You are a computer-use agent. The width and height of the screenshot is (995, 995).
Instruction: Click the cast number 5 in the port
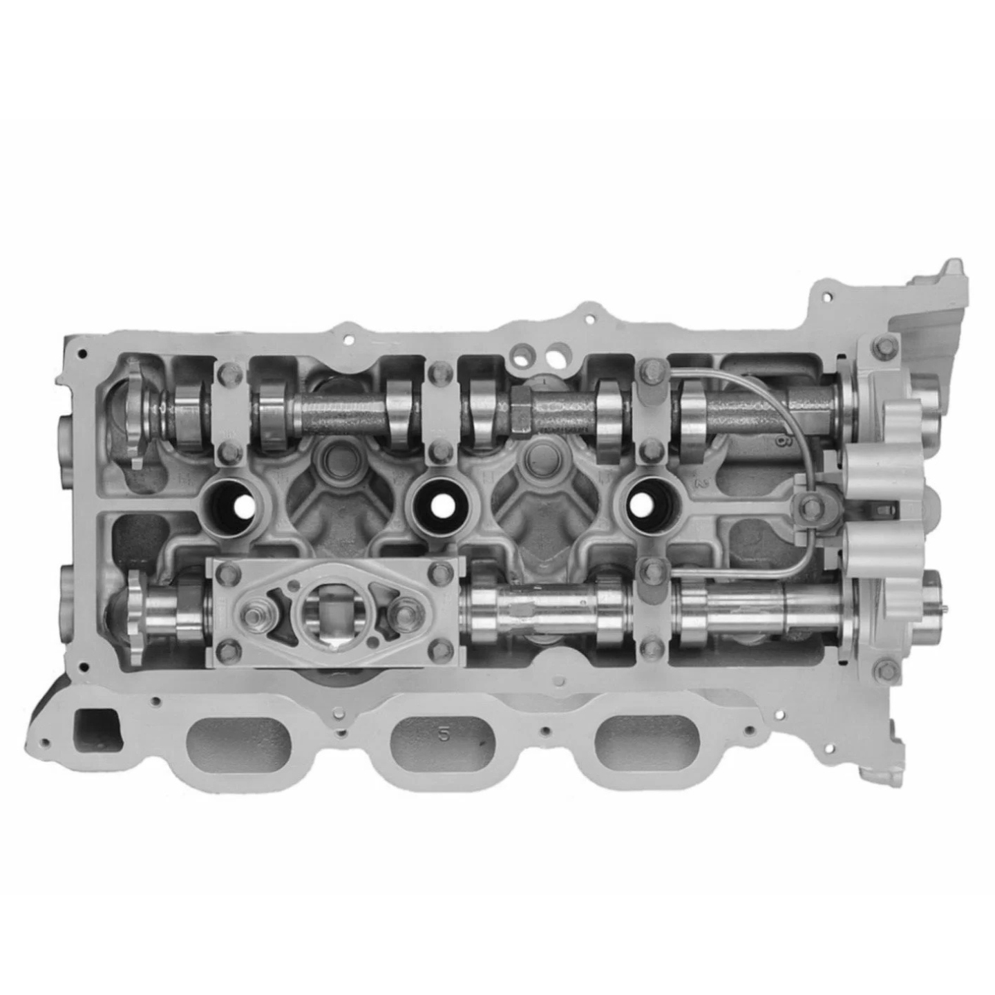(444, 735)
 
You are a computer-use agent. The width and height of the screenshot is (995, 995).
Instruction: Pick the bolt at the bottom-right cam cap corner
(881, 668)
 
